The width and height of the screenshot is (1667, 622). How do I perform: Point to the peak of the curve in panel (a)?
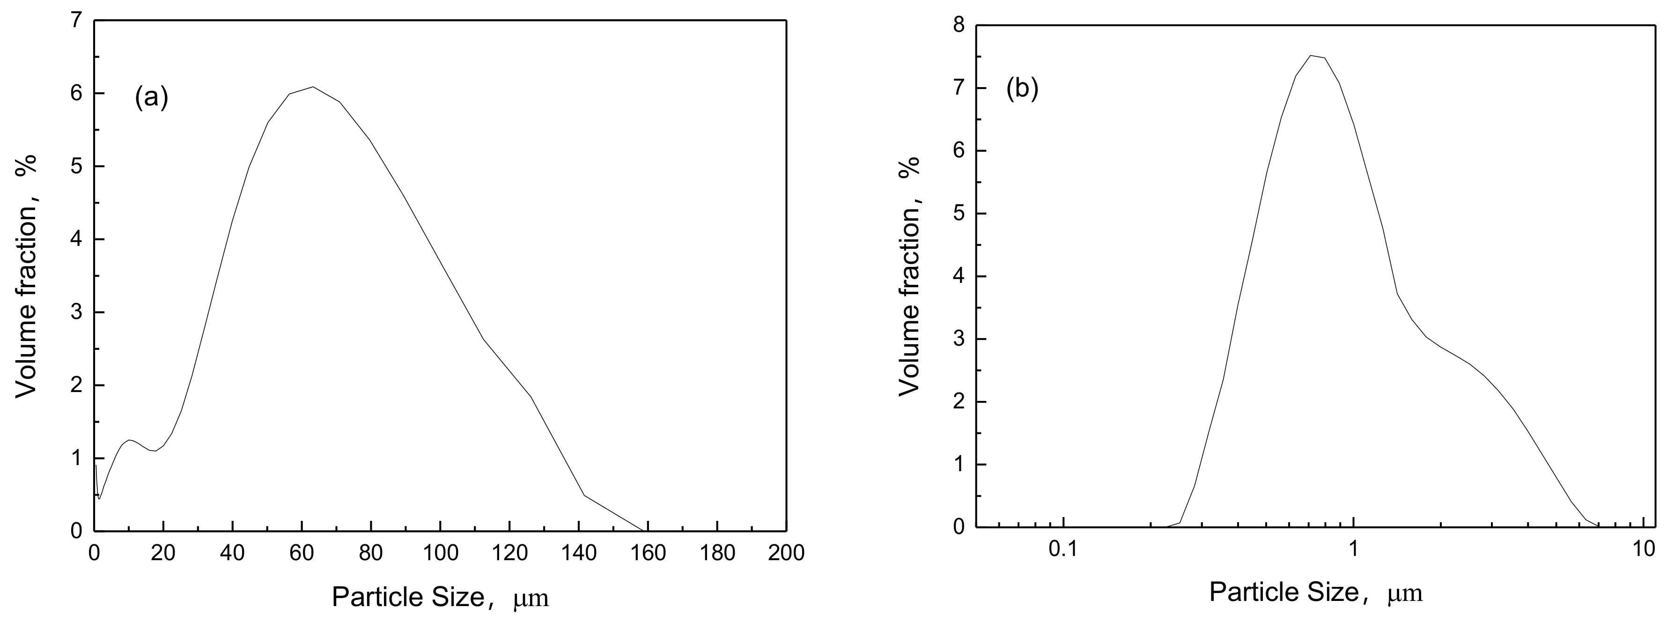pyautogui.click(x=313, y=87)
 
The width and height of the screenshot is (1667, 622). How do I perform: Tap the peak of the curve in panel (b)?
pyautogui.click(x=1311, y=56)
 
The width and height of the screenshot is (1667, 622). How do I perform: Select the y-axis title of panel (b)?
pyautogui.click(x=909, y=275)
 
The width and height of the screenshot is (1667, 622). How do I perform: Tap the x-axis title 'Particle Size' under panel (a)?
pyautogui.click(x=408, y=597)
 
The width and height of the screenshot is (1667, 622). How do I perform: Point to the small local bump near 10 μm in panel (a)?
pyautogui.click(x=130, y=440)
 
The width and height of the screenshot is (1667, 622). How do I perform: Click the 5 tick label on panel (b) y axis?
pyautogui.click(x=959, y=214)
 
